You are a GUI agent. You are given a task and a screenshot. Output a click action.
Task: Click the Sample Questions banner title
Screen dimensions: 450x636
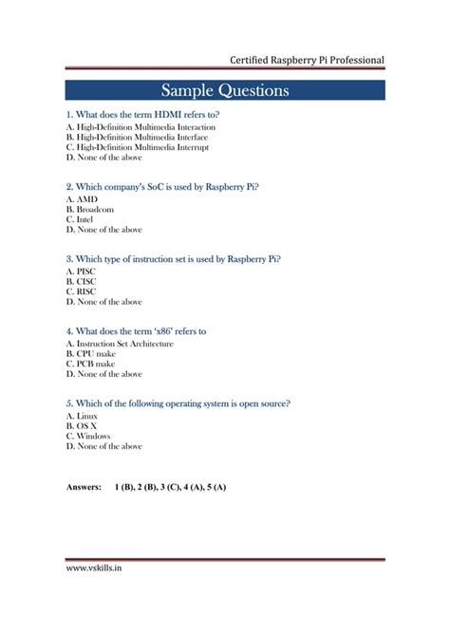pos(225,90)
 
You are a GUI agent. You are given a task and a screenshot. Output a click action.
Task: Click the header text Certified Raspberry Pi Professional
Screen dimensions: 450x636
pos(307,60)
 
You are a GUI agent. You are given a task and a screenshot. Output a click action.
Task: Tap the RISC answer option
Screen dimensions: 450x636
pos(86,291)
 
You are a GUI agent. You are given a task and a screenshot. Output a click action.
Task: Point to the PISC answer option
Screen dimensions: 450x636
pos(86,271)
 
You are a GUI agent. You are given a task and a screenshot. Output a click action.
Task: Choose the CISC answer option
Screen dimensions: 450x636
pos(86,281)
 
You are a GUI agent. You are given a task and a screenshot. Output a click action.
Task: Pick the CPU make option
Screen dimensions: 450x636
pos(96,353)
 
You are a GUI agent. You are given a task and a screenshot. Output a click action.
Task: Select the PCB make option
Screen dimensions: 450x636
pos(96,364)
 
